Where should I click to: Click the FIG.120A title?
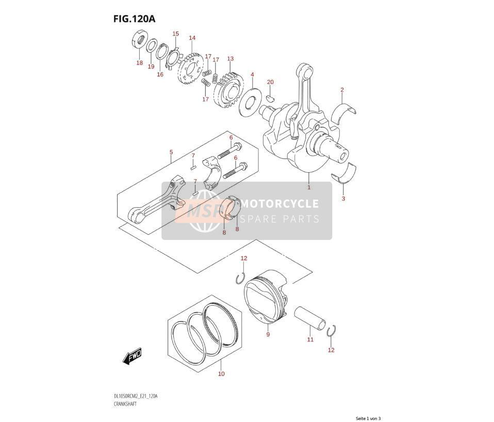coord(134,19)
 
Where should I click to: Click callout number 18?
coord(140,63)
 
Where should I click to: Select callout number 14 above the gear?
coord(192,38)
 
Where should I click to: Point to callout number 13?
coord(230,59)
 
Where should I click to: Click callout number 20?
coord(270,82)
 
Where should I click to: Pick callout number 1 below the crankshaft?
coord(309,187)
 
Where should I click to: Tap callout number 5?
coord(171,152)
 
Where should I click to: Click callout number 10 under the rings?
coord(222,374)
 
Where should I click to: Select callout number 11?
coord(310,339)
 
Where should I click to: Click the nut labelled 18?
coord(139,40)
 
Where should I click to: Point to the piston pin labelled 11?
coord(310,318)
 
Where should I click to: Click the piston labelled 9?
coord(266,297)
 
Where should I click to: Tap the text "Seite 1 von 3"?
coord(368,418)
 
